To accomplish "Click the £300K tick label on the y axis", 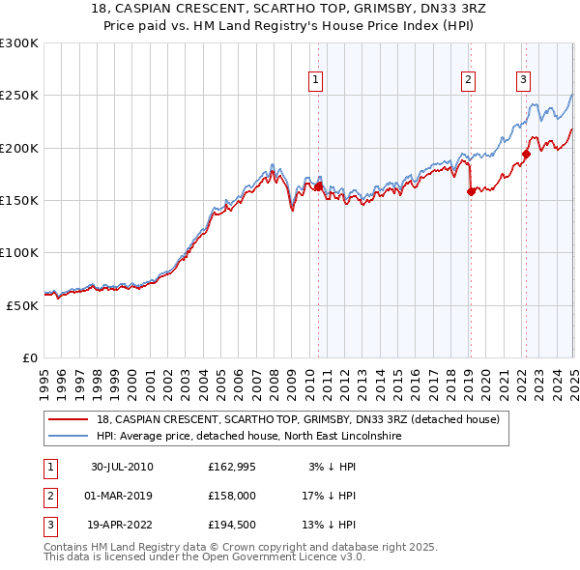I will click(x=19, y=43).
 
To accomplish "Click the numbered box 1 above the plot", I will click(x=316, y=80).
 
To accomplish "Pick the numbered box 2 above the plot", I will click(x=468, y=80).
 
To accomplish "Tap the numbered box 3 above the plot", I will click(x=523, y=80).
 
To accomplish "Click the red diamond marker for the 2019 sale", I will click(x=471, y=191).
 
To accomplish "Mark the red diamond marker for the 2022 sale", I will click(x=527, y=154).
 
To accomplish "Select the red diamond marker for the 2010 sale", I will click(x=319, y=186).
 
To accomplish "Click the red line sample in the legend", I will click(x=70, y=420).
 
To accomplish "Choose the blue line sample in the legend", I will click(x=70, y=437).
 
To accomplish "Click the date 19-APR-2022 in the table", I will click(x=122, y=526).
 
